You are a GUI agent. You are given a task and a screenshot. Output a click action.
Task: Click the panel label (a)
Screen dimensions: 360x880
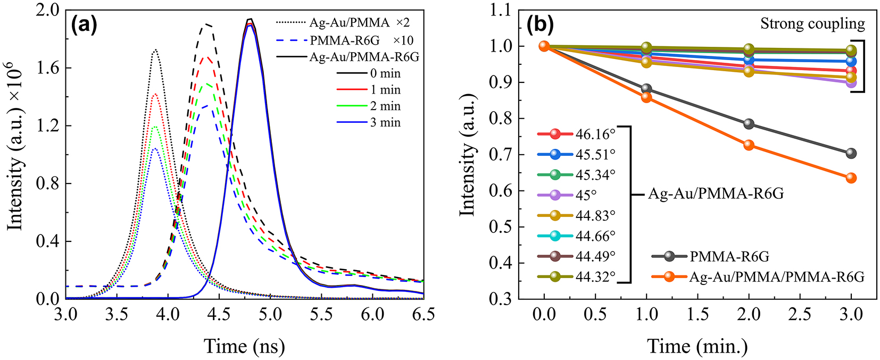point(84,24)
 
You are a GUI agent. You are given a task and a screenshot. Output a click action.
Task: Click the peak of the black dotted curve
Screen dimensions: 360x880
point(155,50)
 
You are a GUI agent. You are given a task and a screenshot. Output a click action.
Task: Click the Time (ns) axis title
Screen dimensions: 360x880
point(245,346)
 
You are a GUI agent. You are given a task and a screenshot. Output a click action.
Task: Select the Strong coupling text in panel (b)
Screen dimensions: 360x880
point(812,24)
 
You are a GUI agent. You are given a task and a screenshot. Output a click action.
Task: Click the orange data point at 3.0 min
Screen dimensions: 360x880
point(851,178)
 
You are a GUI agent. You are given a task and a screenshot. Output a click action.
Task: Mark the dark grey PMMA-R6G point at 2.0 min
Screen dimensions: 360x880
point(749,124)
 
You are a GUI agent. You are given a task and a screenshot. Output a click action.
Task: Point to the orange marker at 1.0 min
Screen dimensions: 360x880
point(646,97)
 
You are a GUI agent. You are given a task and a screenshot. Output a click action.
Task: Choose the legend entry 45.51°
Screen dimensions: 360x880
point(595,154)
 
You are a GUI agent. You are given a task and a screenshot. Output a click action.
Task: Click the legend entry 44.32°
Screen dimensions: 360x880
point(595,277)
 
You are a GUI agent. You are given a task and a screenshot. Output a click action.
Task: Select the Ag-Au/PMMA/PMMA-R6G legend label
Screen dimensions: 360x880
point(777,277)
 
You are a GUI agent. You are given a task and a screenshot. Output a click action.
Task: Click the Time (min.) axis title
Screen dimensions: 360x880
point(698,346)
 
